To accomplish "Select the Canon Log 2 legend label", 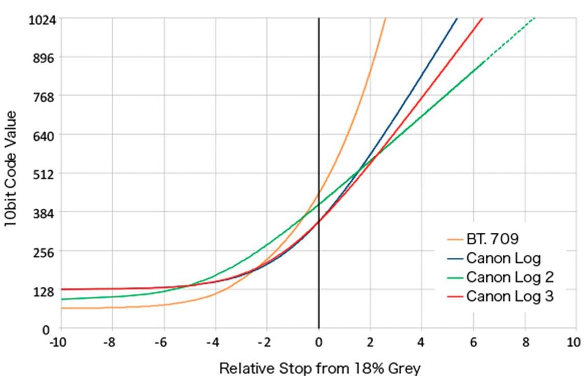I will (510, 277).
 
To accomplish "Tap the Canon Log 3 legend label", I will (510, 296).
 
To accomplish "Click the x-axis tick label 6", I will (474, 342).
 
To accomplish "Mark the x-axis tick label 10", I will (575, 342).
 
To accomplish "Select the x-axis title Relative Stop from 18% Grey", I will (320, 368).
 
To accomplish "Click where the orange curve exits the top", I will (385, 19).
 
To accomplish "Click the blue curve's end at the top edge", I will (457, 19).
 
